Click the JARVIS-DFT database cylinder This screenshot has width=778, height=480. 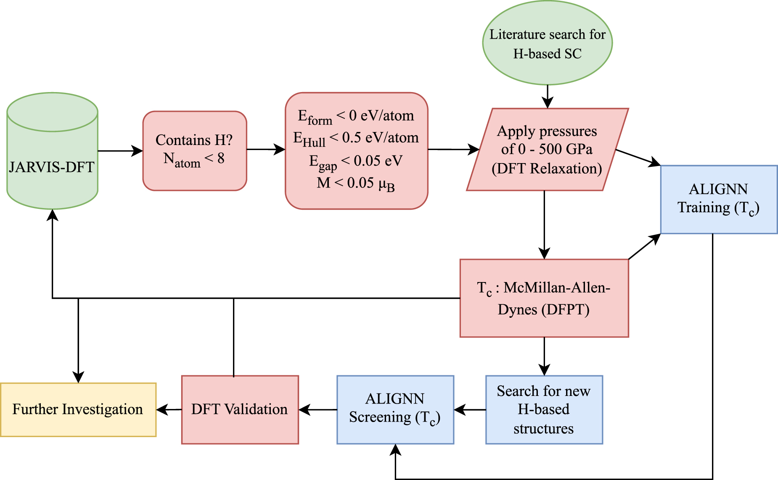click(x=52, y=151)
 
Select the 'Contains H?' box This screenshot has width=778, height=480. click(x=194, y=150)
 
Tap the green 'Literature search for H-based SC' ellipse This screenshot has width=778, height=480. click(x=547, y=43)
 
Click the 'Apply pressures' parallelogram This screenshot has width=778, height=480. click(x=547, y=150)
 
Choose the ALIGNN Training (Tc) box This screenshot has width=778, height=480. click(x=719, y=199)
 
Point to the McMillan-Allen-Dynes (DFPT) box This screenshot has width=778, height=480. click(x=544, y=298)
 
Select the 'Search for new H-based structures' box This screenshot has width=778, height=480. click(x=544, y=409)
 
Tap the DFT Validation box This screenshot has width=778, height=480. click(x=240, y=409)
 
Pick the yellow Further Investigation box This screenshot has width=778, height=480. click(x=78, y=409)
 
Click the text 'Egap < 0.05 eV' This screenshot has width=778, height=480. click(x=356, y=161)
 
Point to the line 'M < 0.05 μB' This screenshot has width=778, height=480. click(x=356, y=183)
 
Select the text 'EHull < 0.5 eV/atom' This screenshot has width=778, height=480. click(x=356, y=138)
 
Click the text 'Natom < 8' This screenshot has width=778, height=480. click(x=194, y=159)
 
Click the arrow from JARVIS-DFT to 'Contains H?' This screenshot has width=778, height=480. click(x=120, y=151)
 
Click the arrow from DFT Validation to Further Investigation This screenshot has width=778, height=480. click(x=169, y=409)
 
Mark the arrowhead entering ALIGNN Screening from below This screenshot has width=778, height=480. click(x=395, y=450)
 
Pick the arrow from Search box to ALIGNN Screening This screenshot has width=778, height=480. click(x=470, y=409)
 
